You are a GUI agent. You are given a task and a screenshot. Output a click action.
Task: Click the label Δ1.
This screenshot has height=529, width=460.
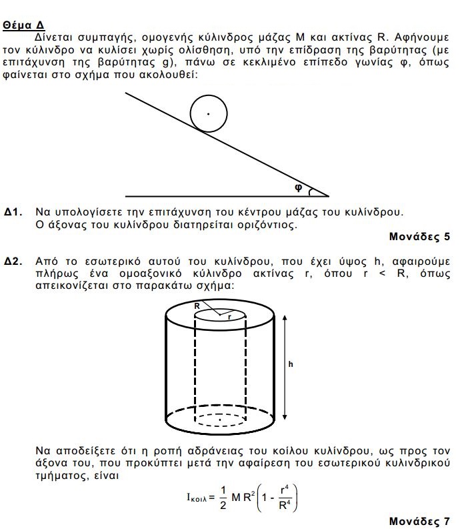[x=13, y=212]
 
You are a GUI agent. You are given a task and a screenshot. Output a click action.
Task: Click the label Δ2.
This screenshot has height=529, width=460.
[x=13, y=261]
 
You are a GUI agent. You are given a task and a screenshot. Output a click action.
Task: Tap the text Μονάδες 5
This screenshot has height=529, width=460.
[x=419, y=236]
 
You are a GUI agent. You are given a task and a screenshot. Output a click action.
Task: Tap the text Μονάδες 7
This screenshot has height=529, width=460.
[x=419, y=518]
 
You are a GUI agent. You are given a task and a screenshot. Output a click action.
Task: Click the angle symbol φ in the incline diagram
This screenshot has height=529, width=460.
[x=298, y=187]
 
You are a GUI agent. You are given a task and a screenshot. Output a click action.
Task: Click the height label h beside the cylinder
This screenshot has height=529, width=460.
[x=291, y=364]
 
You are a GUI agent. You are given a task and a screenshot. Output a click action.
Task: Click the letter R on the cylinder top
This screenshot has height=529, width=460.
[x=197, y=306]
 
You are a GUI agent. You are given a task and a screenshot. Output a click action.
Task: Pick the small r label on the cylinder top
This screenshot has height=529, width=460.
[x=229, y=318]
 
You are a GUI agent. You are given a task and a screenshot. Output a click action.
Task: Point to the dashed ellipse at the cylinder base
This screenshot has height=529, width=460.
[x=219, y=420]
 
